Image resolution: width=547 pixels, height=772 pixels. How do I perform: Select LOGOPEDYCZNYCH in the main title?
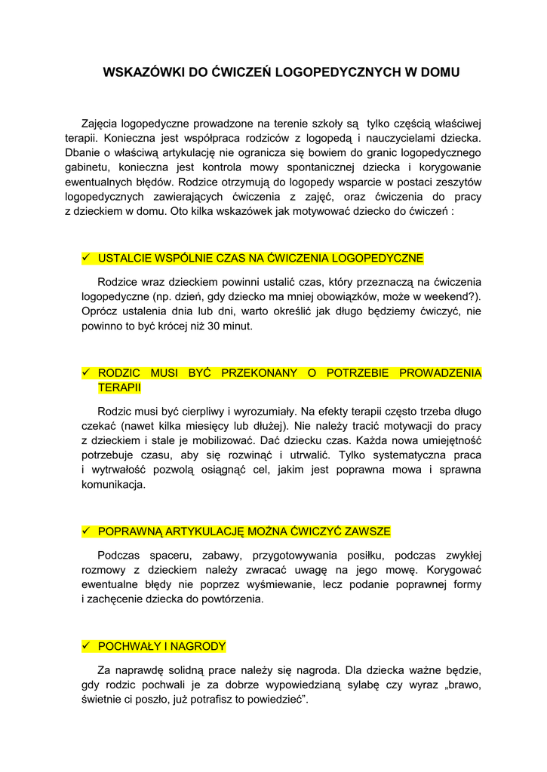click(x=335, y=73)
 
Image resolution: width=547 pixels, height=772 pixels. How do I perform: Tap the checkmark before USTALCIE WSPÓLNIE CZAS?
click(x=86, y=258)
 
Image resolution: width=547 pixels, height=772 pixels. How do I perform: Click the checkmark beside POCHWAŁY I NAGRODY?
click(x=86, y=646)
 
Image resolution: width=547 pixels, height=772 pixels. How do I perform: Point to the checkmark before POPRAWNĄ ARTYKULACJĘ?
click(x=86, y=531)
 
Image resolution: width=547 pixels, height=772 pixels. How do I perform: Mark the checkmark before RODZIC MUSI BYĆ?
click(x=86, y=372)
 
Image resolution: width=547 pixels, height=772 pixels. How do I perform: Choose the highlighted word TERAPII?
click(x=119, y=388)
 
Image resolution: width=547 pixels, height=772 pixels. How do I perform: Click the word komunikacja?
click(x=113, y=485)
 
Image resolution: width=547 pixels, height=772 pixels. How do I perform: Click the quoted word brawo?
click(x=462, y=685)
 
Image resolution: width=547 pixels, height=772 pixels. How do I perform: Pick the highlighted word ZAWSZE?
click(x=368, y=532)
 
